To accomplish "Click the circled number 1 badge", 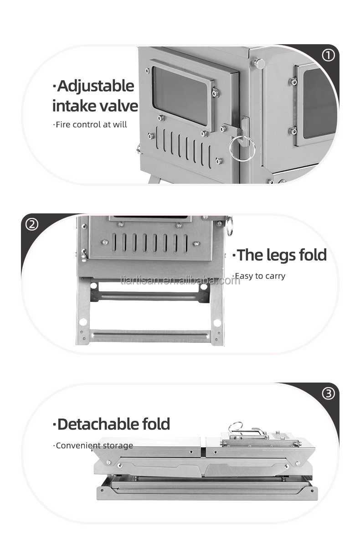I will [x=328, y=56].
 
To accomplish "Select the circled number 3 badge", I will [x=328, y=393].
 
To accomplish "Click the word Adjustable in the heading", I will [x=93, y=86].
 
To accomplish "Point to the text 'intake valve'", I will [x=95, y=106].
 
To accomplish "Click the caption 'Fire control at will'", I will [x=90, y=124].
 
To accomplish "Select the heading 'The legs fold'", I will [x=280, y=255].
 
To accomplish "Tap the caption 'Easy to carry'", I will [x=259, y=276].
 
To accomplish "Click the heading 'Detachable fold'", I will [x=111, y=424].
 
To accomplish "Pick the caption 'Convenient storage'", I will [x=93, y=445].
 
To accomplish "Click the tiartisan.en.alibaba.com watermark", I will [x=180, y=279].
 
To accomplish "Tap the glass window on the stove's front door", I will [x=180, y=95].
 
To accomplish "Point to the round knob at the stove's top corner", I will [x=259, y=63].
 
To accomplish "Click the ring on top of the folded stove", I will [x=237, y=427].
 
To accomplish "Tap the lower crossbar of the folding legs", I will [x=150, y=336].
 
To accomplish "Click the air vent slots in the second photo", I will [x=150, y=243].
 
